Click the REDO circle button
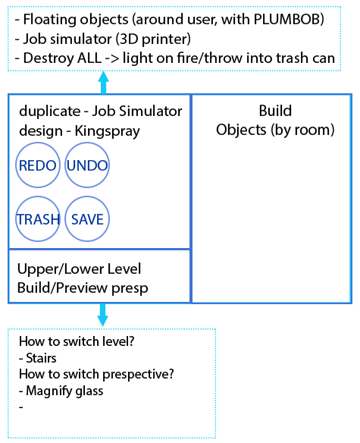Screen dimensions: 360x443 point(38,165)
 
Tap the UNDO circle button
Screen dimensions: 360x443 point(87,165)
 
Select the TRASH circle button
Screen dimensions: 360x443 point(38,219)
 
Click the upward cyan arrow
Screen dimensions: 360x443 point(103,82)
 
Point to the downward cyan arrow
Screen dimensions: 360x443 point(103,315)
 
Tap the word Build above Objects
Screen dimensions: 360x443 point(275,111)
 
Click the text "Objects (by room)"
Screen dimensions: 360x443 point(275,130)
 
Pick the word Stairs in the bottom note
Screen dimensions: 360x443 point(41,358)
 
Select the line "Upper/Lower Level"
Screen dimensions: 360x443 point(79,269)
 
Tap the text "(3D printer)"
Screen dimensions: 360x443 point(153,39)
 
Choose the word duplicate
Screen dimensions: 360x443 point(50,112)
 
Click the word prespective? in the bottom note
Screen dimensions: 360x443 point(138,375)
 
